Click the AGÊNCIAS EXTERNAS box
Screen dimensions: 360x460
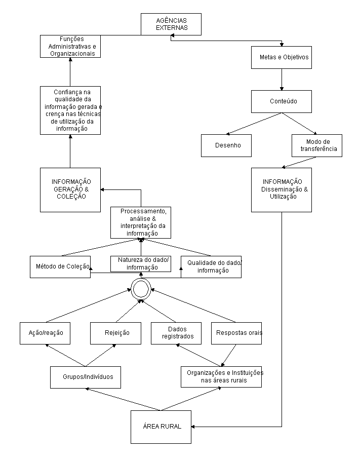(171, 24)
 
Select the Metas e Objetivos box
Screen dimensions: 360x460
(282, 58)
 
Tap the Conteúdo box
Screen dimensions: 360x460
(282, 101)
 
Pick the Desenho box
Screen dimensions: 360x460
(226, 145)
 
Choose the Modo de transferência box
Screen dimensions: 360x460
(317, 145)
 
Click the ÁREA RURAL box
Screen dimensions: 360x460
(161, 427)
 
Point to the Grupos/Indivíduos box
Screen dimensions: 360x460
(86, 377)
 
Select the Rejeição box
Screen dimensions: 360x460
(115, 333)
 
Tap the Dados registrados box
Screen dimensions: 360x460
(176, 333)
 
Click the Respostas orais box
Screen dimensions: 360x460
(236, 333)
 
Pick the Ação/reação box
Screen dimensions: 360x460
(45, 333)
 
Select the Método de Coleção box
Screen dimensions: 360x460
(60, 267)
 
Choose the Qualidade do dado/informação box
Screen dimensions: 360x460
(211, 267)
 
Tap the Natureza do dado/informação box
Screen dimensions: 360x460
(141, 264)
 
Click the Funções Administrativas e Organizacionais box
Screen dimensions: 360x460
(70, 46)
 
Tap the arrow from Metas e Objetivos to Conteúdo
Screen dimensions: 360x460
(282, 80)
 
